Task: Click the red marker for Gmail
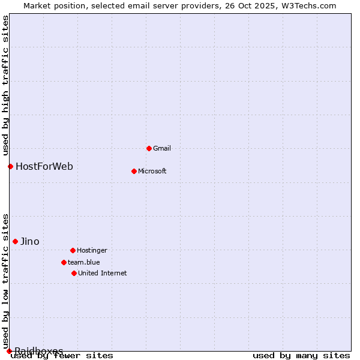pos(149,148)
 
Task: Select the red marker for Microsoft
pos(134,171)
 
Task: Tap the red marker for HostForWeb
pos(10,166)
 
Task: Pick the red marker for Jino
pos(15,241)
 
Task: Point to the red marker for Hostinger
pos(73,250)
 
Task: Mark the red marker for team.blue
pos(64,262)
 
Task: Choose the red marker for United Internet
pos(74,273)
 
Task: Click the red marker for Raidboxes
pos(9,351)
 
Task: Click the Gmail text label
pos(162,148)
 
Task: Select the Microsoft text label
pos(152,171)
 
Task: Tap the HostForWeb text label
pos(44,166)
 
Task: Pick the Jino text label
pos(30,241)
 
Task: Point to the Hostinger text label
pos(92,250)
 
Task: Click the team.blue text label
pos(83,262)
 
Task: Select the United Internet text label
pos(102,273)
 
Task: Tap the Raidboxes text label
pos(39,351)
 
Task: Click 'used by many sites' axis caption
pos(301,355)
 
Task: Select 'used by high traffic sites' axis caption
pos(5,85)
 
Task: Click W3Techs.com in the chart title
pos(309,5)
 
